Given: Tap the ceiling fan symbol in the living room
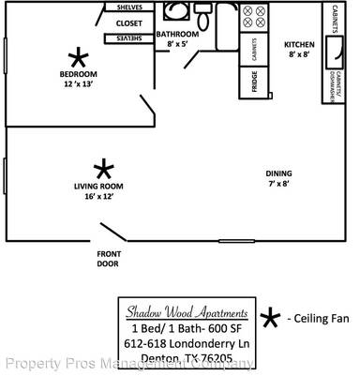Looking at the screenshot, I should click(104, 169).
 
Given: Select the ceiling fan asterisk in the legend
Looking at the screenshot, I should click(270, 320).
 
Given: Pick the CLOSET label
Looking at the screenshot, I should click(128, 23).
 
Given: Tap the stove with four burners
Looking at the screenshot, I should click(254, 18).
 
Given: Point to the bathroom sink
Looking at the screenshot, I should click(175, 12).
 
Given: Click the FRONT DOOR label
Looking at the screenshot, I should click(108, 259).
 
